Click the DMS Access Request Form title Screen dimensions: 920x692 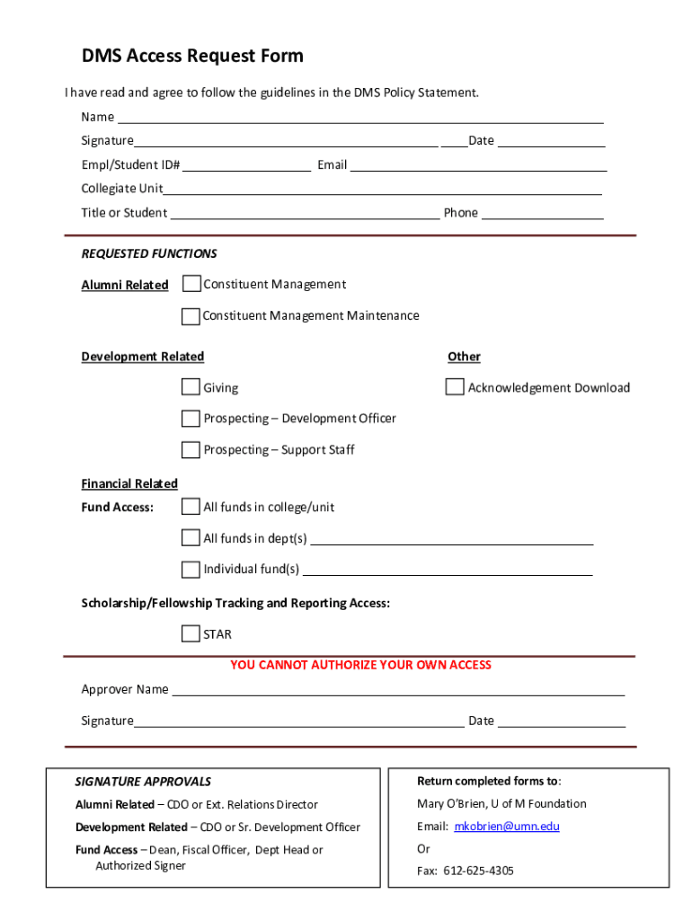192,57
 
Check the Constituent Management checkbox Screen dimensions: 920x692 191,284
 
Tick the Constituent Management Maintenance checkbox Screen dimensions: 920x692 191,315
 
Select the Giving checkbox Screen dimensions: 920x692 191,387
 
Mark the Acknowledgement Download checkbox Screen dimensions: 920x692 455,387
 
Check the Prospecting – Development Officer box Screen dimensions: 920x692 191,418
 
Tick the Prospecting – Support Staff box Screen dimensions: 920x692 191,449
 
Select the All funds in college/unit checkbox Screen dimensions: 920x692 191,507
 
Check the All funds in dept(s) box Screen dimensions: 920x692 191,538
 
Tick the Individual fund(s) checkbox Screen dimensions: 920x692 191,569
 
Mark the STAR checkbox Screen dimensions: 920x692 191,633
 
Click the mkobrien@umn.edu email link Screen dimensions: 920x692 507,826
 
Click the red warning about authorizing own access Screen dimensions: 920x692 361,665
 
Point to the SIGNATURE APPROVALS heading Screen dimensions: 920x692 143,782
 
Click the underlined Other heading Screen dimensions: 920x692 464,357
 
